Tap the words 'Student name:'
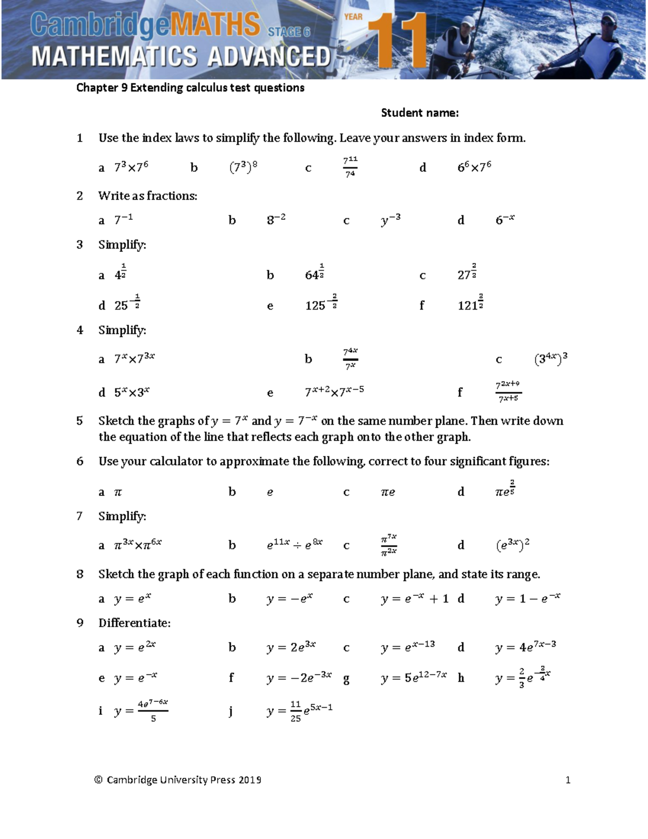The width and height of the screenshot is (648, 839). [420, 113]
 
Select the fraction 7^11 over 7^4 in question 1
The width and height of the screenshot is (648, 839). [350, 167]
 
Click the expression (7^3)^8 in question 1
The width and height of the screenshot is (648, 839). [244, 167]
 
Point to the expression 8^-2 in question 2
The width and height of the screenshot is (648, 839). [276, 219]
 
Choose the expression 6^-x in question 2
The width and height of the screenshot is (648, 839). [505, 219]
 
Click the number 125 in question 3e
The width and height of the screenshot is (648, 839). [315, 306]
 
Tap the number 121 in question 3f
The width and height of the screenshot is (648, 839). [467, 306]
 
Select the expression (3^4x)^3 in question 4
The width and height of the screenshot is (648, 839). [550, 359]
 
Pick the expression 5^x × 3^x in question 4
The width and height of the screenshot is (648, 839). [132, 393]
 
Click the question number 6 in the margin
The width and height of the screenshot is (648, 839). [80, 461]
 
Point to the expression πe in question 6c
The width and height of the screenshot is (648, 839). [388, 492]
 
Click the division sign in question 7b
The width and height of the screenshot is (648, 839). [297, 546]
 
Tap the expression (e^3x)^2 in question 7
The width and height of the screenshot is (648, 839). [512, 545]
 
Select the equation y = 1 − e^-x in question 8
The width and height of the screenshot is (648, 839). [528, 599]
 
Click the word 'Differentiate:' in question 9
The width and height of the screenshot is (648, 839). [134, 623]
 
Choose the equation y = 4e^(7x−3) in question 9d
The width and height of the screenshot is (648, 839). [525, 647]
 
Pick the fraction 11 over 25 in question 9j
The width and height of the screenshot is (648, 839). [295, 712]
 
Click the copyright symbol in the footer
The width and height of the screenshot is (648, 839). [98, 780]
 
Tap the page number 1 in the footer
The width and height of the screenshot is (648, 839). [568, 780]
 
